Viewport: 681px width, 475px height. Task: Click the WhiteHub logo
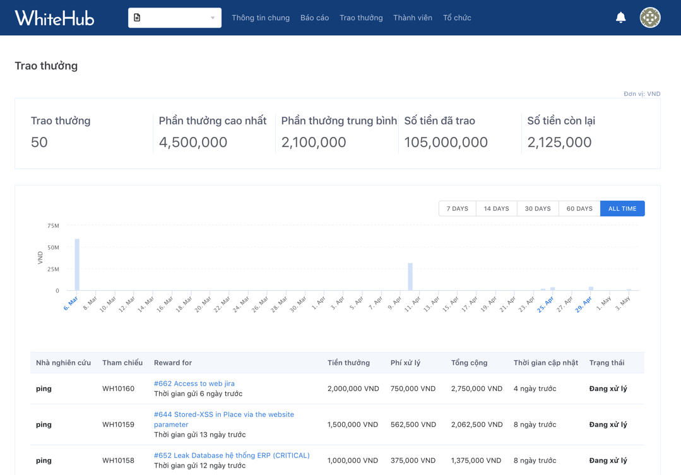(54, 18)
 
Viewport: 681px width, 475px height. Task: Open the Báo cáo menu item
(314, 18)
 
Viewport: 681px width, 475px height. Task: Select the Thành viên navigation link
(412, 18)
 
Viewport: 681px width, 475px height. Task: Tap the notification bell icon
(620, 18)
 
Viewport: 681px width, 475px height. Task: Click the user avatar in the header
(649, 18)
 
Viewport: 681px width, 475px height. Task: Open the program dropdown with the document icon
(174, 18)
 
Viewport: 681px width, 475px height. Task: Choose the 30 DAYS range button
(537, 209)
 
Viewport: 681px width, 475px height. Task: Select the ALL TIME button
(622, 209)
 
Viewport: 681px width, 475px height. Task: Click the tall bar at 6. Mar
(77, 265)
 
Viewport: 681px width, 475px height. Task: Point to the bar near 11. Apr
(410, 277)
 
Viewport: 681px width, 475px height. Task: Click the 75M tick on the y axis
(53, 226)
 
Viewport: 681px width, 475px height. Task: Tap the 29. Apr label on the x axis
(583, 304)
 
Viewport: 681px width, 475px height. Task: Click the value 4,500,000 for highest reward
(193, 143)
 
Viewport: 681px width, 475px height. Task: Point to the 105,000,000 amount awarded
(446, 143)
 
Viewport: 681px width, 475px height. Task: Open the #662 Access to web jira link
(194, 384)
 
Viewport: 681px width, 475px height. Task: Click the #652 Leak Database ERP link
(232, 455)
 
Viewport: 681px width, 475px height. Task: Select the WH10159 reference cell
(118, 425)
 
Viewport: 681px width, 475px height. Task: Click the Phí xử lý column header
(405, 363)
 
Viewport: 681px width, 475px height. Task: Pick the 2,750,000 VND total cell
(477, 389)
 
